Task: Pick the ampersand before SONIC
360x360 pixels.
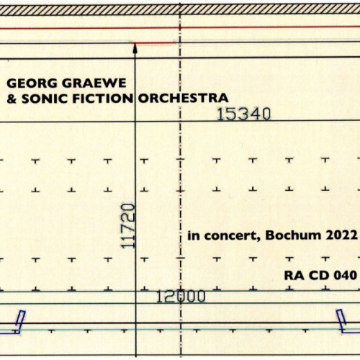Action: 10,97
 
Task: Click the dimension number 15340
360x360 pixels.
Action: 243,114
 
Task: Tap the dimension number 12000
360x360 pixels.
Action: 181,296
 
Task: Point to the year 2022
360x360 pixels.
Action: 341,235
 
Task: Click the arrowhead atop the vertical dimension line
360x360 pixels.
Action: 135,48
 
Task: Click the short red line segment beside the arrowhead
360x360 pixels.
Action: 156,43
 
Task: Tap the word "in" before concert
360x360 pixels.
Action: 192,235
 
